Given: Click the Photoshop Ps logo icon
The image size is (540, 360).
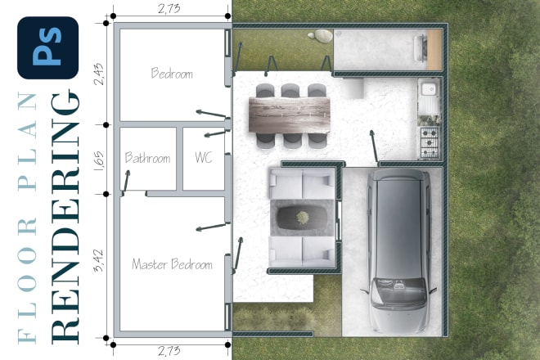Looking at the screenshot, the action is [x=48, y=48].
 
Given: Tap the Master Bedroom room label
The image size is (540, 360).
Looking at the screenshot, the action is [x=172, y=264].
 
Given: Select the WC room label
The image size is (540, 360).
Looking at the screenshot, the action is [x=203, y=157].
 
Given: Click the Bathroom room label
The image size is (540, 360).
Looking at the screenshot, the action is [x=147, y=158].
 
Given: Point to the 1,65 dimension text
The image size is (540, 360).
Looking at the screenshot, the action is [x=98, y=160].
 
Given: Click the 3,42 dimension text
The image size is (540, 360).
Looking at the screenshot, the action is [x=98, y=260].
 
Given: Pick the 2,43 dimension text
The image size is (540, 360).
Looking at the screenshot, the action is [x=98, y=74].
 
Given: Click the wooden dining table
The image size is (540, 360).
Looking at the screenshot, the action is [x=290, y=115].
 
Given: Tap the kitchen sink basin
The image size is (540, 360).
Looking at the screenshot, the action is [x=429, y=89].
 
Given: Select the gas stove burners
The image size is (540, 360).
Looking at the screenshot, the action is [x=430, y=142].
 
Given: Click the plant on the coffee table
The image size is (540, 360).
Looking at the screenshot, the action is [x=303, y=217].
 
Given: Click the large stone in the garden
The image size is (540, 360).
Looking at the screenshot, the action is [x=323, y=36].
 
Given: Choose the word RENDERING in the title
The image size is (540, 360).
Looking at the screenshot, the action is [x=65, y=217].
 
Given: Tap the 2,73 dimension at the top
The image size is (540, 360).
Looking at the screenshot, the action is [x=169, y=8].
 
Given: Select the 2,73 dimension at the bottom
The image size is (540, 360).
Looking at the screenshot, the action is [x=169, y=351].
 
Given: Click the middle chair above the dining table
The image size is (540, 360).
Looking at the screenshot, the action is [x=290, y=90].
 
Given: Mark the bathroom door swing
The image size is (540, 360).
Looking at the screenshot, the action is [x=126, y=181].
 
